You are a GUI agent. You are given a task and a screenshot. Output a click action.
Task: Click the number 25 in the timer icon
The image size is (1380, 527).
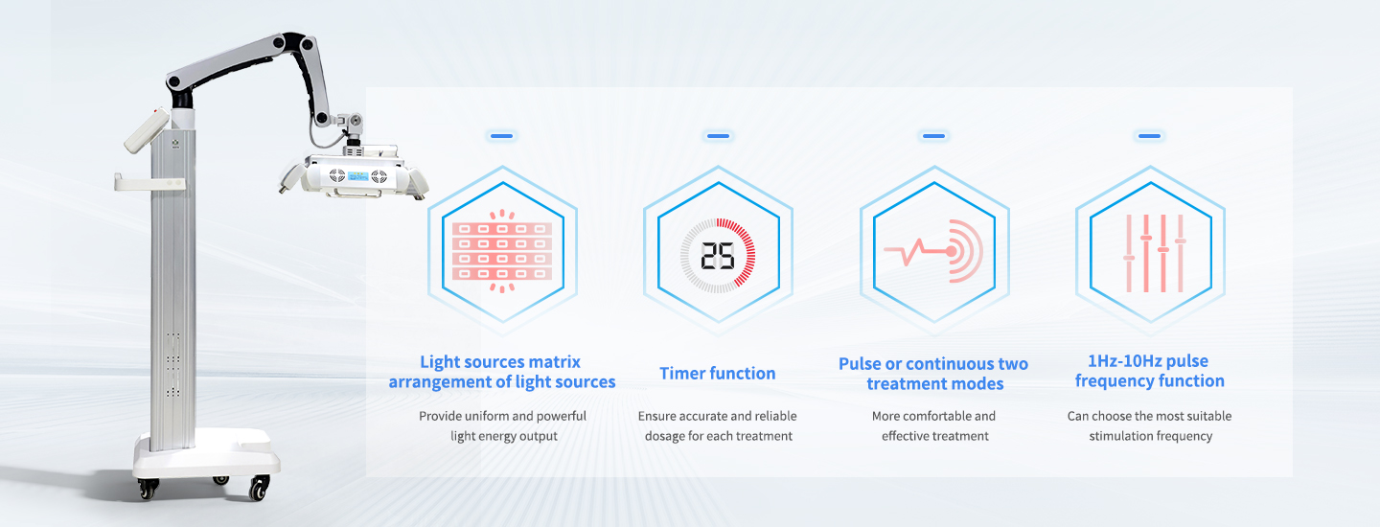(718, 256)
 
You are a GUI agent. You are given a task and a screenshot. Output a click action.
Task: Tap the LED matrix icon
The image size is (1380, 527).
(502, 251)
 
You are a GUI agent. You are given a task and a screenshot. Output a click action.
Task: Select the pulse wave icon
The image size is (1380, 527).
(934, 251)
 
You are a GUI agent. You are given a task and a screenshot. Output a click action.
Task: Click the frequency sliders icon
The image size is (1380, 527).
(1154, 253)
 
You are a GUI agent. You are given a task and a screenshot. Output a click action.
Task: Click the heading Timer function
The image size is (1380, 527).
(717, 373)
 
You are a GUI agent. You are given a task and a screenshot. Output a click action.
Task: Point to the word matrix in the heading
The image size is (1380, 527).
(554, 362)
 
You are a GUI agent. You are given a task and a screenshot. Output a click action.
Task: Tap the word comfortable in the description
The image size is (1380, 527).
(934, 416)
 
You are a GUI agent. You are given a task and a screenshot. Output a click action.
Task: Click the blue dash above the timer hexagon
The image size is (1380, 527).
(718, 135)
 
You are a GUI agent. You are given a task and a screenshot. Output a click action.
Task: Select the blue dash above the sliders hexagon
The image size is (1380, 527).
(1150, 135)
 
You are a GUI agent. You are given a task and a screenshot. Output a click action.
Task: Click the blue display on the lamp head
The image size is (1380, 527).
(358, 176)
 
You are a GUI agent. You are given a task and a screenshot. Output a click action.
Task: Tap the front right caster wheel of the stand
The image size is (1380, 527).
(260, 488)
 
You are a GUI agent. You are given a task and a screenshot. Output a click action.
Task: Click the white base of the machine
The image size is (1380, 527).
(206, 455)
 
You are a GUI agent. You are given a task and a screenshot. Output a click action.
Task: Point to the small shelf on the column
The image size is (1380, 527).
(149, 182)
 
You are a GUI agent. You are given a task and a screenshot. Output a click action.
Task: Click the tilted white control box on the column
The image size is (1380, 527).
(147, 130)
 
